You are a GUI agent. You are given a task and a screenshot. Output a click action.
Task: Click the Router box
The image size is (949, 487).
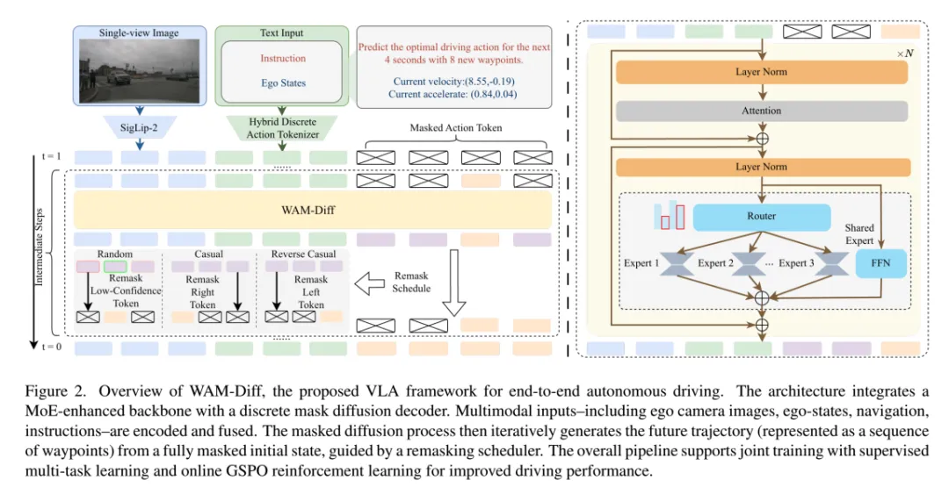click(761, 216)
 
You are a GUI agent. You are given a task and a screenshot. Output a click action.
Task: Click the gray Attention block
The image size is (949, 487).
click(761, 111)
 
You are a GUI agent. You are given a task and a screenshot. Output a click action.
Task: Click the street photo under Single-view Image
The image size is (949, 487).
click(141, 72)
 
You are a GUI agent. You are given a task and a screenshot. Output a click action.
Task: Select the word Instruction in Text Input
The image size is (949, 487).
click(283, 58)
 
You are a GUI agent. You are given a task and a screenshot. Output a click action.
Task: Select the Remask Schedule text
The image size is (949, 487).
click(412, 282)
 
